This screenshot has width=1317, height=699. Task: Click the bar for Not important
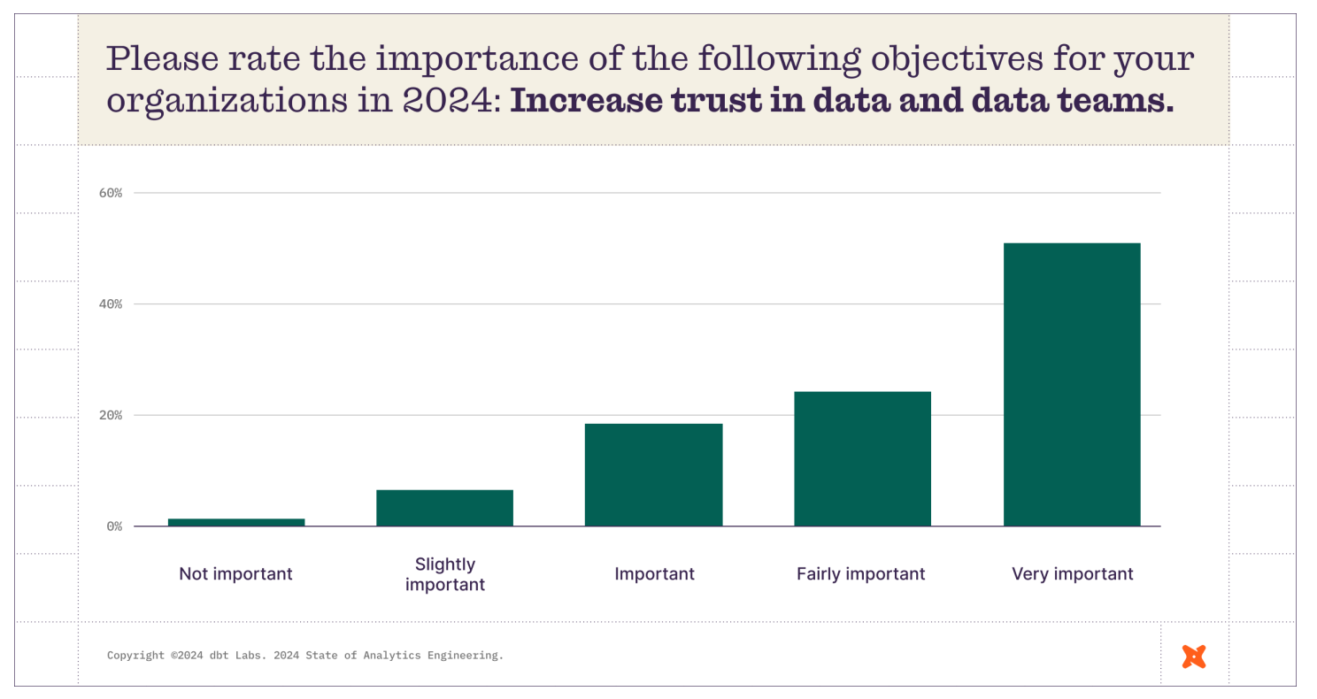click(x=236, y=522)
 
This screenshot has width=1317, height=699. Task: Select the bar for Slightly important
click(x=444, y=508)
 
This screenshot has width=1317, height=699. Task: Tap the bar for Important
click(x=653, y=475)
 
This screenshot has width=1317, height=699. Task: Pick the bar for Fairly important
click(x=862, y=458)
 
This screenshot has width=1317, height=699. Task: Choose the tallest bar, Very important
click(x=1072, y=384)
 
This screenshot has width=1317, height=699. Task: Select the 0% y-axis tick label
click(x=115, y=526)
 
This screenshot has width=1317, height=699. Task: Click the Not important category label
click(x=235, y=574)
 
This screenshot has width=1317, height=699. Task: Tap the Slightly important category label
click(x=445, y=574)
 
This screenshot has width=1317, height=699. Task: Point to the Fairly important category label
click(x=861, y=574)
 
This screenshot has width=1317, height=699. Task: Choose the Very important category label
click(x=1072, y=574)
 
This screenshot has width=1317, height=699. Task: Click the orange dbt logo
click(x=1194, y=657)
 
